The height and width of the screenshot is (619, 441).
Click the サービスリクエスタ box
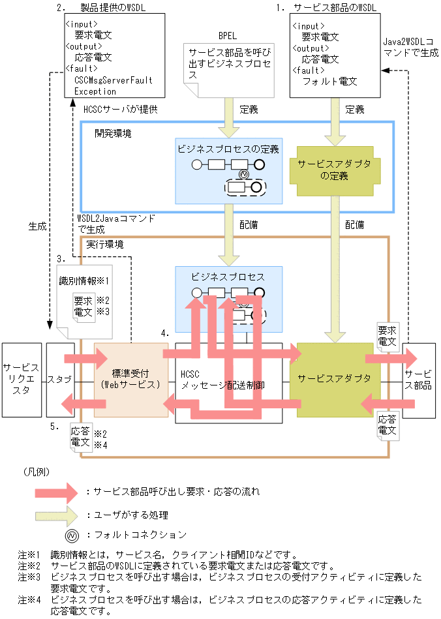pos(22,379)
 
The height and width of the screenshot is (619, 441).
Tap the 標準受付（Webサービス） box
pos(130,379)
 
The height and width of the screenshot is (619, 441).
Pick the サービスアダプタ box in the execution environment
pos(334,378)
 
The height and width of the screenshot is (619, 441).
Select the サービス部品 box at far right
pos(419,379)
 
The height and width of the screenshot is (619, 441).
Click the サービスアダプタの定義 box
pos(334,170)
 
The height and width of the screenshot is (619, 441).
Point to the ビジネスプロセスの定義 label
pos(228,149)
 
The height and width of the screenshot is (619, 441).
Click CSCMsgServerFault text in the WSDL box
pos(113,80)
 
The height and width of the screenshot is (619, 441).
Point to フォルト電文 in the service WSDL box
pos(329,81)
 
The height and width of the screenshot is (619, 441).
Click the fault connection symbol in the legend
pos(72,535)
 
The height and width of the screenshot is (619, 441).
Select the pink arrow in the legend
pos(60,492)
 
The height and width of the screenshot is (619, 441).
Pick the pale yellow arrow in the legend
pos(60,515)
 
